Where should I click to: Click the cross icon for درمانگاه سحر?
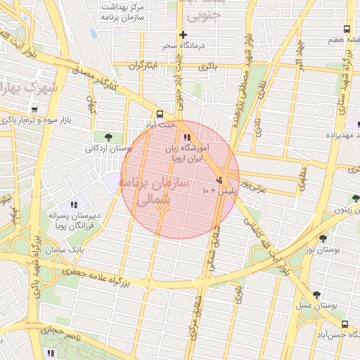click(184, 34)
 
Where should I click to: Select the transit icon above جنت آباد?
click(160, 113)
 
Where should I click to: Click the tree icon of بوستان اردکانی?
click(108, 136)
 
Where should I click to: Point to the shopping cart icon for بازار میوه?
click(34, 109)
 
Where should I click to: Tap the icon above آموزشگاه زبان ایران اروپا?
click(186, 137)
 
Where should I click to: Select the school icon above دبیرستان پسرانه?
click(75, 204)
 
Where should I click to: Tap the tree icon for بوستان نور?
click(323, 239)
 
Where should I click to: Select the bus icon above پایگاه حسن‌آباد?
click(344, 324)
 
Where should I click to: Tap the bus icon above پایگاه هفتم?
click(347, 29)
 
